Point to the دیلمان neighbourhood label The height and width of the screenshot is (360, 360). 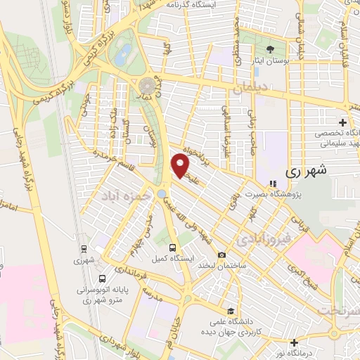coord(246,89)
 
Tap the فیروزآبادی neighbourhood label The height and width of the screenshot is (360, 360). coord(262,238)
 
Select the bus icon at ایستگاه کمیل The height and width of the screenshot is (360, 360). coord(173,247)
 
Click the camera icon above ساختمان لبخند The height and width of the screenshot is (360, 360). coord(222,254)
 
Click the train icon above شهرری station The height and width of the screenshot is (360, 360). coord(84,248)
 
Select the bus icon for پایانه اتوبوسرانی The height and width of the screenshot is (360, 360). coord(103,278)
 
